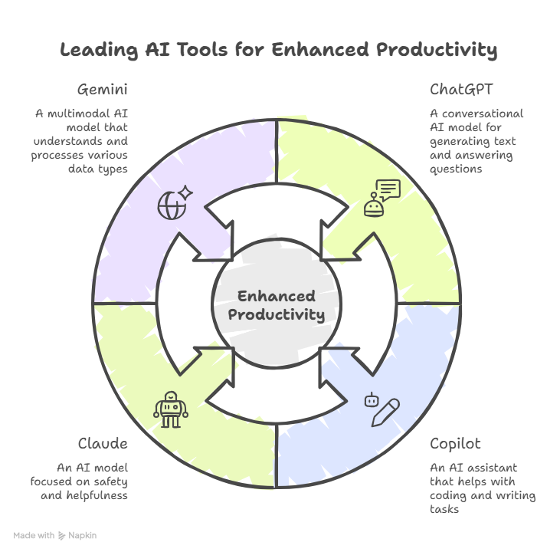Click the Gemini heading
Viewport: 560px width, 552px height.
pyautogui.click(x=102, y=90)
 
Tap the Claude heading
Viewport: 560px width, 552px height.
pyautogui.click(x=103, y=444)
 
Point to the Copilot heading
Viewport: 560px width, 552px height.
pyautogui.click(x=455, y=444)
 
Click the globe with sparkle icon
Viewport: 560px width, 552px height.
pyautogui.click(x=174, y=203)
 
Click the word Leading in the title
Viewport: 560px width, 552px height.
pyautogui.click(x=97, y=51)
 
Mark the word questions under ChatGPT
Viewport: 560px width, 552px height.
pyautogui.click(x=456, y=169)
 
